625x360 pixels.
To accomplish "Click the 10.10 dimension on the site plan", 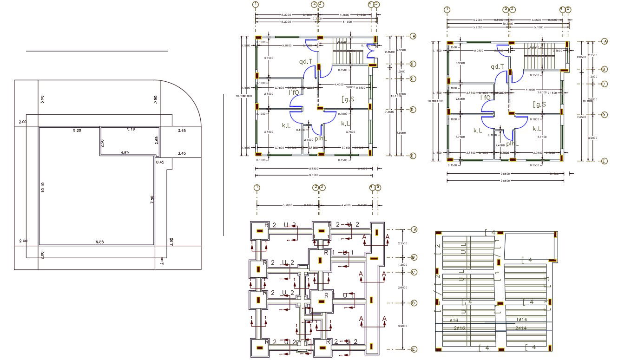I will coord(43,187).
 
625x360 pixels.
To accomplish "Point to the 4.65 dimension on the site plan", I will coord(125,152).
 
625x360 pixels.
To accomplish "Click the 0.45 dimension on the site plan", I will coord(160,162).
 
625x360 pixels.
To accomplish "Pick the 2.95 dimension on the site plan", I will coord(171,242).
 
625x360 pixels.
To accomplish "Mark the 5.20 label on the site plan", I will coord(77,131).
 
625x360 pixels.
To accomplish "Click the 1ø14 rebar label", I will coord(521,320).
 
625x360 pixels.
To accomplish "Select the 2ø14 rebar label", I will coord(521,328).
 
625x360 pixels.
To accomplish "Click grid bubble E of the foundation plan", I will coord(413,349).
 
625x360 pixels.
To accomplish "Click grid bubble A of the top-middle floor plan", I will coord(413,36).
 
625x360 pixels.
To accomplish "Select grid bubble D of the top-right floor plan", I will coord(604,115).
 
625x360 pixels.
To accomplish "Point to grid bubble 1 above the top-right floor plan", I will coord(447,9).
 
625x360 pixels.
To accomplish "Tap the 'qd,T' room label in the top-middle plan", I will coord(306,61).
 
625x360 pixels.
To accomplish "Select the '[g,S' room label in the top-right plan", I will coord(539,104).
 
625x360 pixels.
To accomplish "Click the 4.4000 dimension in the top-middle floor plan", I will coord(338,85).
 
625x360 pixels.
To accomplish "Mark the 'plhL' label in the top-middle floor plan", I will coord(320,138).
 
